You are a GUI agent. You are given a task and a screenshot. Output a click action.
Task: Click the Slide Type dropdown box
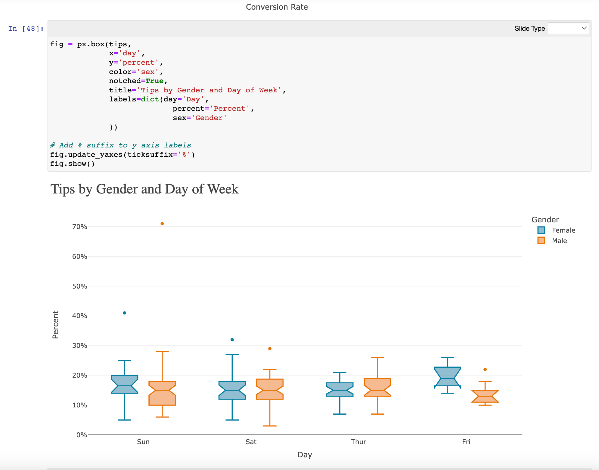coord(568,28)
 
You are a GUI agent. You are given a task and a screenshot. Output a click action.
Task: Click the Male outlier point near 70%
coord(162,224)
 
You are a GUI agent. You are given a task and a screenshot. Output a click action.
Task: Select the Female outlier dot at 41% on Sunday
coord(125,313)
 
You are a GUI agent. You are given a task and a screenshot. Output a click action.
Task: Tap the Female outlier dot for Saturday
coord(232,340)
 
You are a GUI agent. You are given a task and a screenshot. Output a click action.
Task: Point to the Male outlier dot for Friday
coord(485,370)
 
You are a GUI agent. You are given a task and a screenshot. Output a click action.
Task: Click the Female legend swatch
coord(541,230)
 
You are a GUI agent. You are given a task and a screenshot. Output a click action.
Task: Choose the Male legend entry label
coord(559,241)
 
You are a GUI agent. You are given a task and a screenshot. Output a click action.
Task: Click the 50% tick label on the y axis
coord(79,286)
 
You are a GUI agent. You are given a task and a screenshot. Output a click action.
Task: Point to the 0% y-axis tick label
coord(82,435)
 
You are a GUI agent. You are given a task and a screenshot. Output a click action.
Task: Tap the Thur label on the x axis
coord(358,442)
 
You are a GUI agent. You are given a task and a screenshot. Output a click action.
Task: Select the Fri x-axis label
coord(466,442)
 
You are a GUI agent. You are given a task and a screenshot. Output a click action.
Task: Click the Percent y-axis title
coord(55,324)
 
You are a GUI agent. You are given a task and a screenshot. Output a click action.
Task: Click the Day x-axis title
coord(305,455)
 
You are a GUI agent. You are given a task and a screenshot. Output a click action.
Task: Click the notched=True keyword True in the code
coord(154,81)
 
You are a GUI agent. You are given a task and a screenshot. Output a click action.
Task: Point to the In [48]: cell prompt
coord(26,29)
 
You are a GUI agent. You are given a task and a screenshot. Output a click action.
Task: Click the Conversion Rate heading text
coord(277,7)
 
